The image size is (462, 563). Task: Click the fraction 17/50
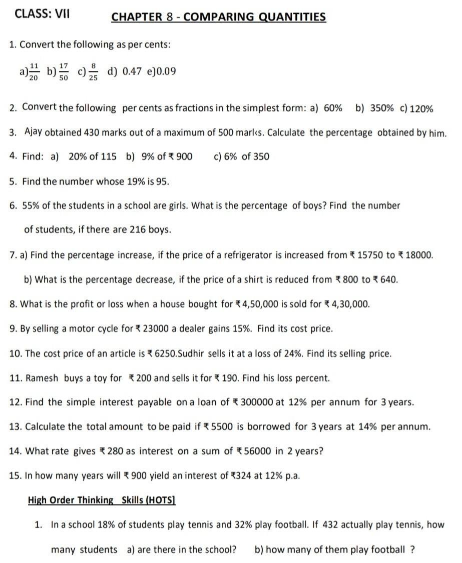point(64,71)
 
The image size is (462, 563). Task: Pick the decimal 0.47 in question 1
point(133,71)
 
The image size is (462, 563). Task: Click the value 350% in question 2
point(381,108)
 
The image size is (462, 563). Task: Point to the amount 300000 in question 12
point(257,402)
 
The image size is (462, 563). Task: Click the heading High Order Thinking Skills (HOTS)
point(101,500)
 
